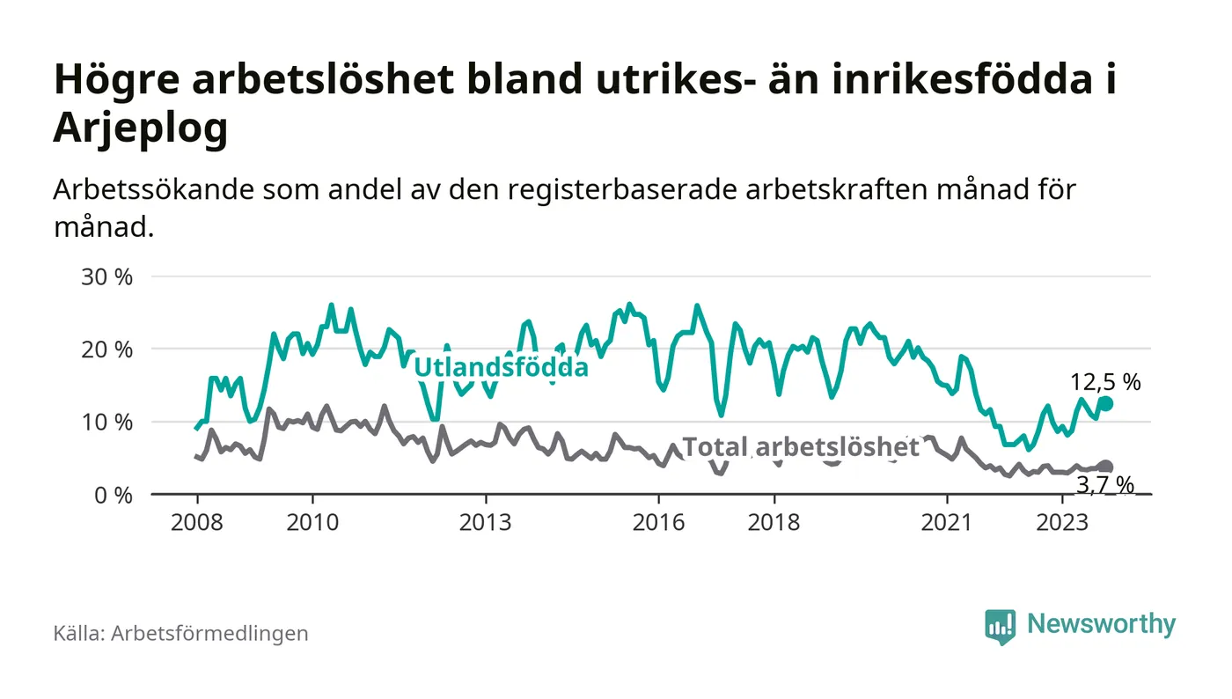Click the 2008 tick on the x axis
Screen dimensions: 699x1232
[x=195, y=522]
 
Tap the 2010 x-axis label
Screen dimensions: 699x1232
[x=312, y=522]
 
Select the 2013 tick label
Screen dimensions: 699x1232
[x=486, y=522]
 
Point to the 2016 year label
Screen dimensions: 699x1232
[x=658, y=522]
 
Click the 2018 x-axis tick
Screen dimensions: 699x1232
[x=774, y=522]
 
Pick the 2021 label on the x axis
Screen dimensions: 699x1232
[x=947, y=522]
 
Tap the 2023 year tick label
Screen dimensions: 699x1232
[x=1062, y=522]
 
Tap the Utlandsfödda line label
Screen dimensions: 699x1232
[x=501, y=367]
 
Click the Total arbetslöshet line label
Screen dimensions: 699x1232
[x=801, y=447]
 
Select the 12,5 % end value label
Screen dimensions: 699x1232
[x=1105, y=382]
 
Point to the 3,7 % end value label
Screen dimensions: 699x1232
[x=1105, y=484]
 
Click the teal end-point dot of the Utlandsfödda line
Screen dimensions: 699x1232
[x=1106, y=403]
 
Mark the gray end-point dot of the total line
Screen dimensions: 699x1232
[x=1106, y=467]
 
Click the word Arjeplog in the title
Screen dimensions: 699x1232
[x=141, y=129]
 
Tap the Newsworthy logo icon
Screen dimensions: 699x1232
[x=1000, y=626]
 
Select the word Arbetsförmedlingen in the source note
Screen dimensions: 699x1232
[x=209, y=633]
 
